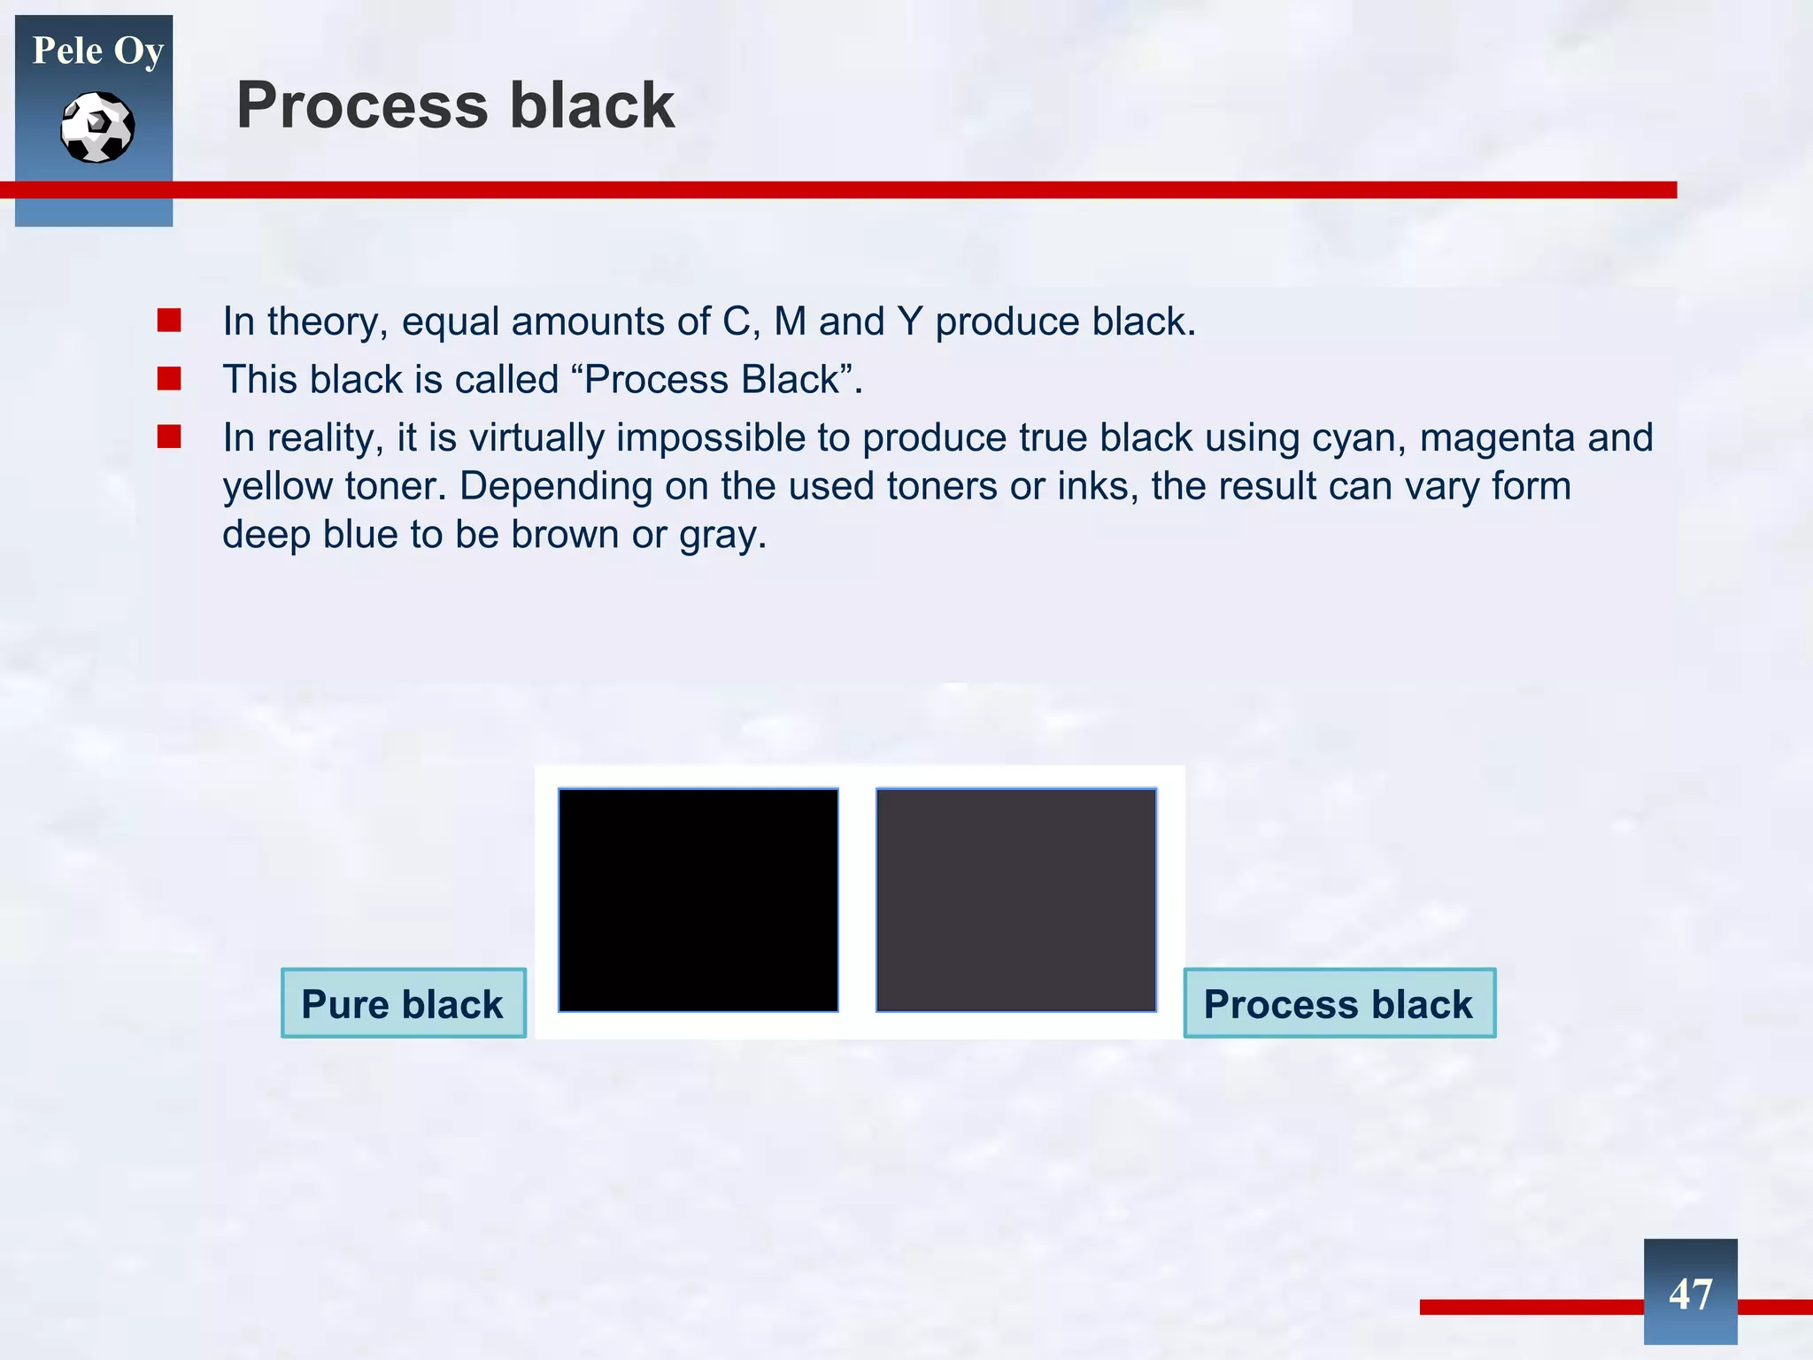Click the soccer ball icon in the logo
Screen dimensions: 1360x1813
[x=97, y=127]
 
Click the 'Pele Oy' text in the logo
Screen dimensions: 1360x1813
[x=97, y=51]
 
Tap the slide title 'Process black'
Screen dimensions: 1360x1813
[x=455, y=105]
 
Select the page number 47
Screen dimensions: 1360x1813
[x=1690, y=1294]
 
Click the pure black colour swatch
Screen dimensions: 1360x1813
[x=698, y=900]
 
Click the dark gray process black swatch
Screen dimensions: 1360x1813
[x=1016, y=900]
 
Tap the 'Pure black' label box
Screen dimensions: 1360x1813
[x=403, y=1003]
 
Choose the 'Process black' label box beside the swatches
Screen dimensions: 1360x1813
[x=1339, y=1003]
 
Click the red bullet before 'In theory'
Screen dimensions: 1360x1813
[x=169, y=320]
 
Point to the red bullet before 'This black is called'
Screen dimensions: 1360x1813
[x=169, y=379]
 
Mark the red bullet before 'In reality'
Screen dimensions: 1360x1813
[x=169, y=437]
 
